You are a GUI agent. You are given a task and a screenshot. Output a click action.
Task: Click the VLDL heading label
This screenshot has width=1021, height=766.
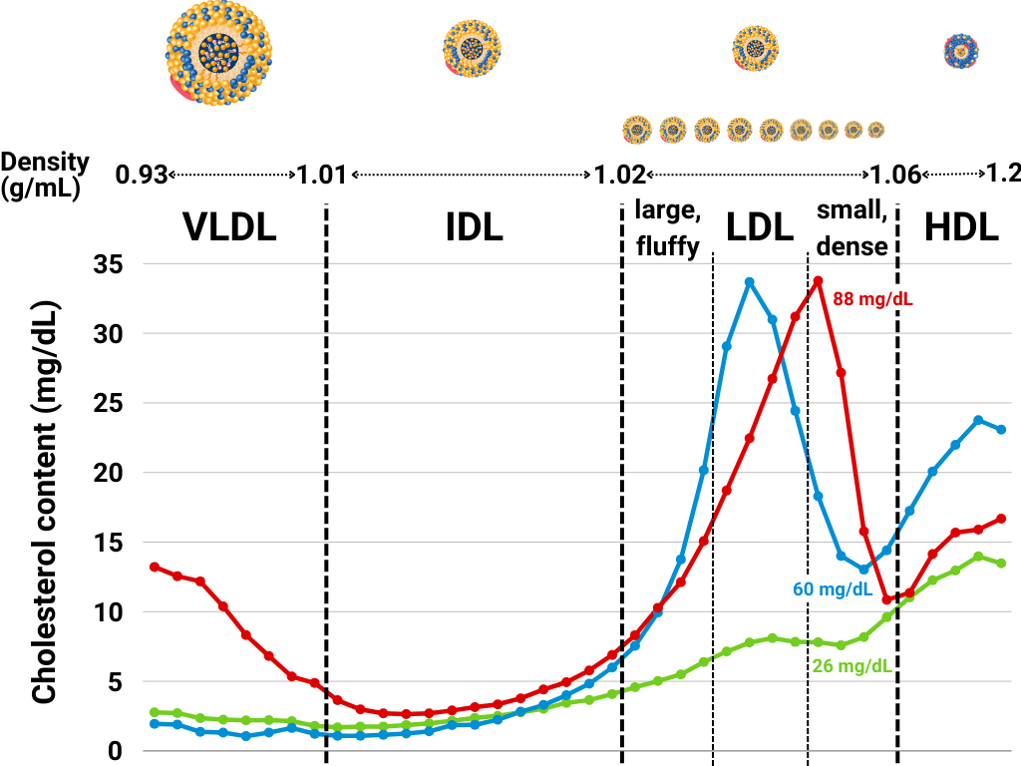(x=229, y=228)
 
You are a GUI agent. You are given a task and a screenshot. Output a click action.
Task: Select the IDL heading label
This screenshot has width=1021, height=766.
(x=474, y=228)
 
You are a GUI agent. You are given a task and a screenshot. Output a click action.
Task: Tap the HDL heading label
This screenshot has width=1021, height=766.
(x=961, y=228)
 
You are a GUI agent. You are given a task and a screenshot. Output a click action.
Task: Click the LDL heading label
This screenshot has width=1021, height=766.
(x=760, y=228)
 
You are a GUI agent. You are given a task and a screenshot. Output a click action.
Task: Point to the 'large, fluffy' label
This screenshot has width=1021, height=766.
(x=668, y=228)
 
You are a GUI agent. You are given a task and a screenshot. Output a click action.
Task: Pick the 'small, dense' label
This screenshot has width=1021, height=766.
(x=851, y=227)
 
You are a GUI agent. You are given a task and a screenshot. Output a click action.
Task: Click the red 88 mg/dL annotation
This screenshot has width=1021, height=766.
(x=872, y=298)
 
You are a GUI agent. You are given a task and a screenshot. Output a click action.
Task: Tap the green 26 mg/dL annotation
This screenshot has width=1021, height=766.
(x=852, y=665)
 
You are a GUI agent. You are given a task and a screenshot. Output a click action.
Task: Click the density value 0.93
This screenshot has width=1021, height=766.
(x=140, y=175)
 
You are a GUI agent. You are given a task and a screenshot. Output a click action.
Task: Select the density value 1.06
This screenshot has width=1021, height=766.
(x=894, y=175)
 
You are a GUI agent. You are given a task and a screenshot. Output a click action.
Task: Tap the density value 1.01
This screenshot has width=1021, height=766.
(x=321, y=175)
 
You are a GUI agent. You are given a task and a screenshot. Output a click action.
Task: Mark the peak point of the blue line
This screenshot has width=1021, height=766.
(x=749, y=282)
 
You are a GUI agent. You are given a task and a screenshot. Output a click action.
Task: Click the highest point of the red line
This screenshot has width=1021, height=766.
(x=818, y=281)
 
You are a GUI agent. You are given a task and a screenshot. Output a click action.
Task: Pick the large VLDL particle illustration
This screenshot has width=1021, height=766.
(x=217, y=53)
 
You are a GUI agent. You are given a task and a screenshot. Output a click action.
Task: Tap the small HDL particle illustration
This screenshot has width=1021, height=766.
(x=962, y=50)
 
